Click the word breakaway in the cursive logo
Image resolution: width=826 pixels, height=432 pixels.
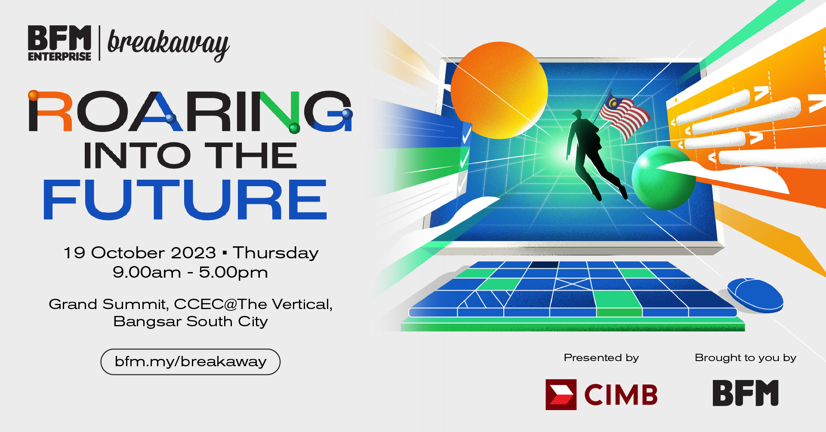(168, 44)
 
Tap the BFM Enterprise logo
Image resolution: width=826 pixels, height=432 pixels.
(59, 43)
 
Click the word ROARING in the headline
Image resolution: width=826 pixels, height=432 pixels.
(190, 111)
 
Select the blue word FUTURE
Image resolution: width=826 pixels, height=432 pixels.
(185, 199)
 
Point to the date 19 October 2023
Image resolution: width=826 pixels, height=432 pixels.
(140, 253)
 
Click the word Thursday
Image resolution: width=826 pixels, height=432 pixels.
(276, 253)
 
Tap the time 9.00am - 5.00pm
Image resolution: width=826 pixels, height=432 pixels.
(190, 273)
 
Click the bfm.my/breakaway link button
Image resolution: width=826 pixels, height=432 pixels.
(191, 362)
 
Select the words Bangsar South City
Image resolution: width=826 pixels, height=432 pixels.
(191, 322)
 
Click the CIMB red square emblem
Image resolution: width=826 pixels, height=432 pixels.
(561, 394)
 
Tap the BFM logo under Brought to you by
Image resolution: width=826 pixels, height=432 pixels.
(746, 393)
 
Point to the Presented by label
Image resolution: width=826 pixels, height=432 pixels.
(601, 358)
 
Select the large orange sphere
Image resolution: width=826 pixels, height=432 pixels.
(499, 90)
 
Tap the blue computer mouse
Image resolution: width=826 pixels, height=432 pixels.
(755, 295)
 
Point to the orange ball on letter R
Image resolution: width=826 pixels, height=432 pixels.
(34, 95)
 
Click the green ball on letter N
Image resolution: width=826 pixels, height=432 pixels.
(294, 128)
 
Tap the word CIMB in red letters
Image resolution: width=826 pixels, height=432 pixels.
(621, 395)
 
